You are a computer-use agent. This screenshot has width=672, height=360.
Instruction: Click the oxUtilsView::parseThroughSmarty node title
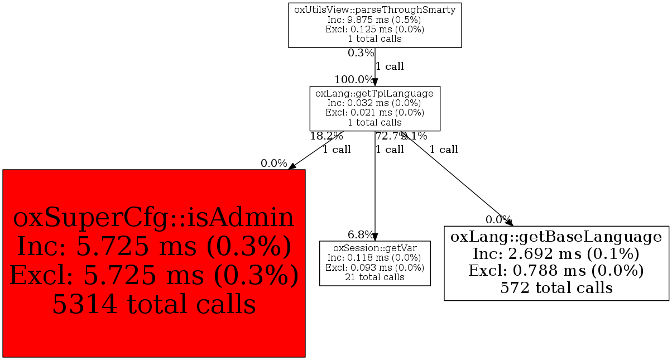point(375,11)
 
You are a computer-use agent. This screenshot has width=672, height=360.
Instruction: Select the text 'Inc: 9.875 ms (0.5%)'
point(375,20)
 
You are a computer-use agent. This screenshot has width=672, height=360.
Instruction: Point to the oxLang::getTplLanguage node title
point(375,94)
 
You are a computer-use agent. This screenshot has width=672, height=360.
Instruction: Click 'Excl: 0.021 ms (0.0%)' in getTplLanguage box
point(375,113)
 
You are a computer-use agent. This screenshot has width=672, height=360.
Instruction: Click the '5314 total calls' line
point(153,304)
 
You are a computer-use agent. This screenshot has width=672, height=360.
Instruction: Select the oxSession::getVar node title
point(375,248)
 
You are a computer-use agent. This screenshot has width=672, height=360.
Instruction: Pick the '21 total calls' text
point(375,277)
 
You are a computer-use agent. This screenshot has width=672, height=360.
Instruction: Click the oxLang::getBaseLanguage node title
point(556,237)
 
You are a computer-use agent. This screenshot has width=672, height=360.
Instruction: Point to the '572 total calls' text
point(556,288)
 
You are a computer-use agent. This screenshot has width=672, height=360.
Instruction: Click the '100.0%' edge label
point(354,80)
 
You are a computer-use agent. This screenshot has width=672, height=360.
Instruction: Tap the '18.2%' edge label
point(327,136)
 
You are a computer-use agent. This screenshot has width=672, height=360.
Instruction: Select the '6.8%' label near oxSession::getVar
point(361,234)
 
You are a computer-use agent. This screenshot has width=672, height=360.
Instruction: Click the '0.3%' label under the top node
point(361,53)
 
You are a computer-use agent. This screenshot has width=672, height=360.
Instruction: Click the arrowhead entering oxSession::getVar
point(375,237)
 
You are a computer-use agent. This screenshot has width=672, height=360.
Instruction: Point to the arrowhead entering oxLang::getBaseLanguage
point(508,222)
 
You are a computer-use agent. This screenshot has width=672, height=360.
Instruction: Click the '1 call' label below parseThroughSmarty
point(390,66)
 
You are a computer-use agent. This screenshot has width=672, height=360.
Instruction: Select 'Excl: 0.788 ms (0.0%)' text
point(556,271)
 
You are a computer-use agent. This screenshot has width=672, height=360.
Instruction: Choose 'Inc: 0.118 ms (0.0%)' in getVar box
point(375,257)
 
